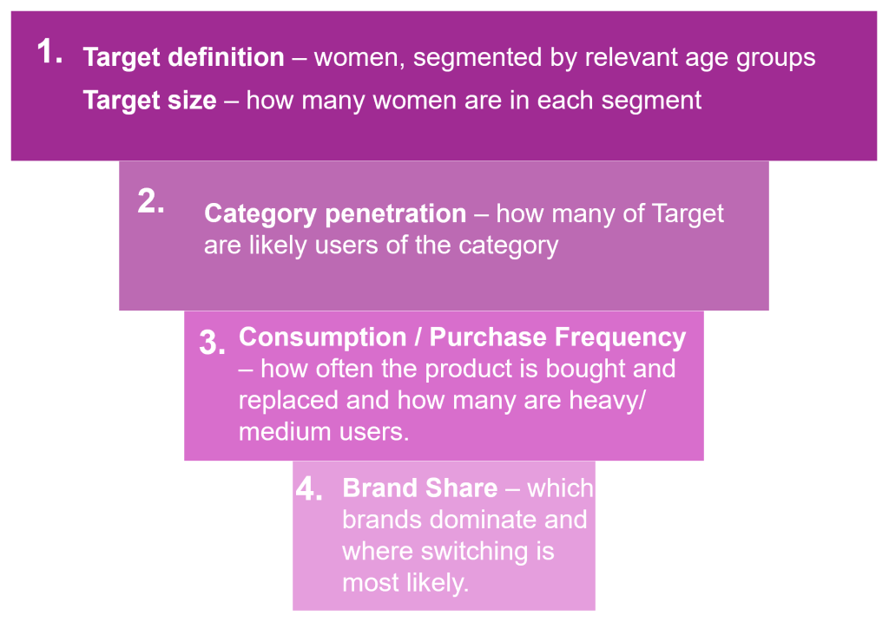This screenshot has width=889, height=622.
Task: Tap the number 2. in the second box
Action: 151,201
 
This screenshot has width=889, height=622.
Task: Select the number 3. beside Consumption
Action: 212,342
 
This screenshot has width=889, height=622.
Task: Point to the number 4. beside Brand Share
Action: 309,488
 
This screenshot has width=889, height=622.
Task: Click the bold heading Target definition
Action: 184,57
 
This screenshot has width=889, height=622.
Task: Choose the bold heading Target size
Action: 149,101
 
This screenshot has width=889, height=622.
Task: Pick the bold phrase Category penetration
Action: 335,213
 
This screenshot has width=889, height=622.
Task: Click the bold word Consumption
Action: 323,337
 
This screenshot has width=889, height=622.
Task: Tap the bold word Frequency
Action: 620,338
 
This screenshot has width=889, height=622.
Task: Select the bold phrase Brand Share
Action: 420,488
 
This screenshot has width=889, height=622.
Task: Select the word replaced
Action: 288,401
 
